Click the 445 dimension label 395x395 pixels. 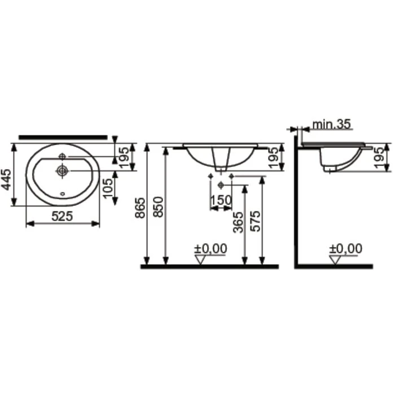tap(6, 180)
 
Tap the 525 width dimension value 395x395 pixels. tap(62, 216)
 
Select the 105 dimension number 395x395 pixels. tap(109, 188)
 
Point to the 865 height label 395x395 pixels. tap(140, 208)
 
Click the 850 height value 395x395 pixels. tap(159, 207)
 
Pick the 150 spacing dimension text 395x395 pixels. tap(221, 200)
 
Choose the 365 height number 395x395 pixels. tap(238, 222)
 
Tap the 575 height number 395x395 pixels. tap(256, 221)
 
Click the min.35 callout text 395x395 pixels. tap(331, 125)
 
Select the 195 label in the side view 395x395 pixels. tap(380, 157)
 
